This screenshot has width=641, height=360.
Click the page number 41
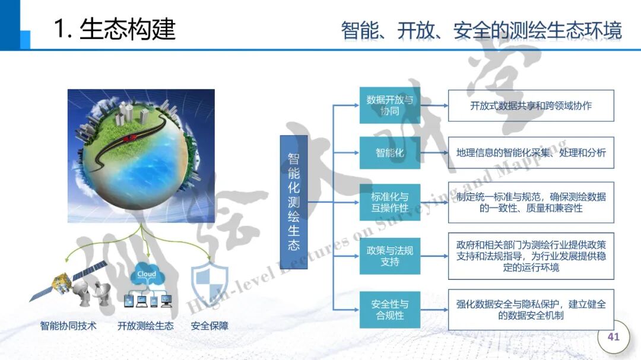[x=613, y=337]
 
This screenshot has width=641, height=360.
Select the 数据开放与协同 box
[x=389, y=106]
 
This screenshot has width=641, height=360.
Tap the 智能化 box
[x=389, y=153]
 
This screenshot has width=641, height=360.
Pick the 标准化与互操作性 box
[x=389, y=202]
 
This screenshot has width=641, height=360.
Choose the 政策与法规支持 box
[x=389, y=256]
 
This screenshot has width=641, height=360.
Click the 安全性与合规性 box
[x=389, y=310]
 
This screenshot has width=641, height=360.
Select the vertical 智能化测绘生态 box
[x=293, y=202]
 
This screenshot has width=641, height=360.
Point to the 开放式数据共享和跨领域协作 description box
[x=531, y=106]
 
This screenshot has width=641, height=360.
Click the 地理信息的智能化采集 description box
[x=531, y=153]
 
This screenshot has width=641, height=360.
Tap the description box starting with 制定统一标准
[x=531, y=202]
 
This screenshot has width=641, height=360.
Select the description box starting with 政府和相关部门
[x=531, y=256]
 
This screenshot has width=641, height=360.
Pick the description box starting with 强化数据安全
[x=531, y=310]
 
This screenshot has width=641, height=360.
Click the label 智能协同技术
[x=68, y=326]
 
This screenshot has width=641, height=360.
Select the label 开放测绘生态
[x=145, y=326]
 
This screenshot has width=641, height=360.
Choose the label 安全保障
[x=210, y=326]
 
